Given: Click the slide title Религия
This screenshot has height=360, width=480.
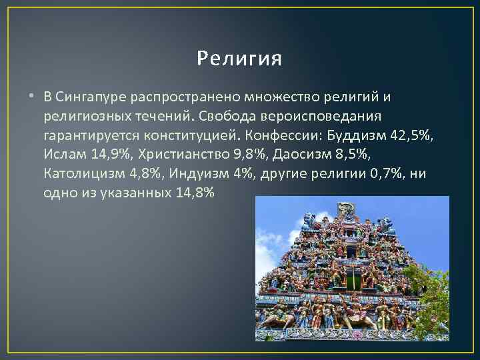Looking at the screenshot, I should pos(240,59).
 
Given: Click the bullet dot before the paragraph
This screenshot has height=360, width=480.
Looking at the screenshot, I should pos(31,97).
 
